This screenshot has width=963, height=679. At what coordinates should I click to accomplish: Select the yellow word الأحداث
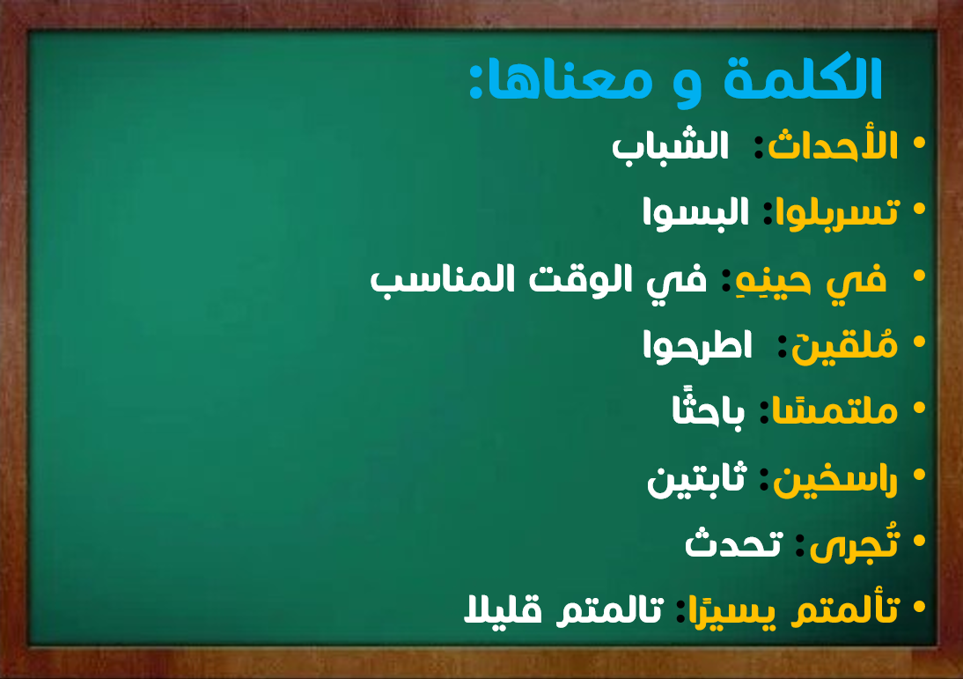coord(833,145)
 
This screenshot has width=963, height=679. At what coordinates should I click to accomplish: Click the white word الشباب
coord(670,147)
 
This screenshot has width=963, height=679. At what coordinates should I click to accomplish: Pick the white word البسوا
coord(695,212)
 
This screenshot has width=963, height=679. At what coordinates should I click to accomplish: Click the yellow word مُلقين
coord(844,346)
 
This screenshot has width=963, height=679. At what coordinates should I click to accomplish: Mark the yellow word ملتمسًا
coord(834,410)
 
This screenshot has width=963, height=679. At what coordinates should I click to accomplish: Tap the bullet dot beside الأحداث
coord(919,143)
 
